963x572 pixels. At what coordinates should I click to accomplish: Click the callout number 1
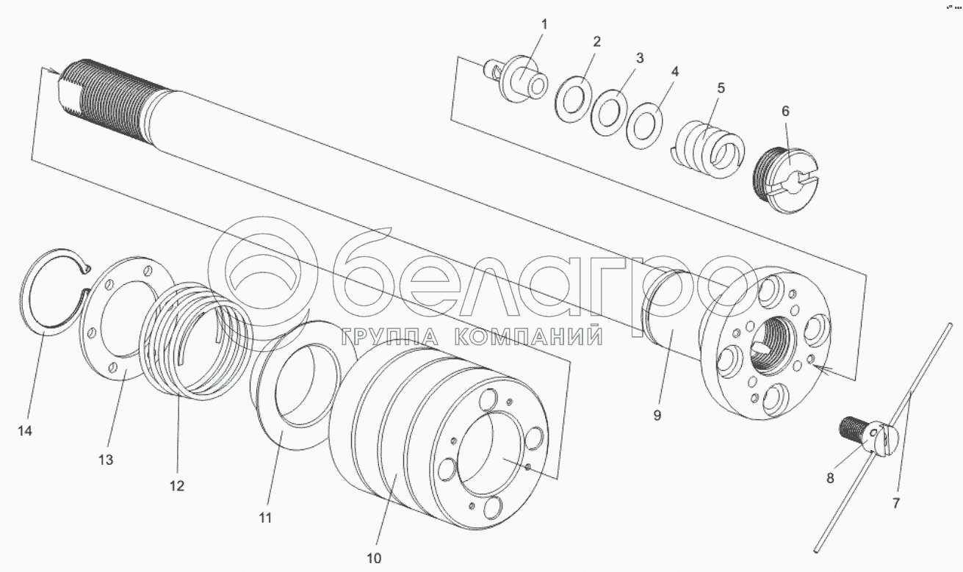(544, 24)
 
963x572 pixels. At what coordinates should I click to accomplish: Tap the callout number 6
(785, 112)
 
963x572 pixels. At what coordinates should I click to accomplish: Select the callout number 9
(657, 415)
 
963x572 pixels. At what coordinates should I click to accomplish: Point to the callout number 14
(25, 430)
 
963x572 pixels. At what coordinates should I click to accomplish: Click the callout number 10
(374, 558)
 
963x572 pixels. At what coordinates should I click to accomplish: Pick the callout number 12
(177, 485)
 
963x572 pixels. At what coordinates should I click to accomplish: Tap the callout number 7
(896, 502)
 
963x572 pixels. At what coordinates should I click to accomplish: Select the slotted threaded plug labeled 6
(787, 180)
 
